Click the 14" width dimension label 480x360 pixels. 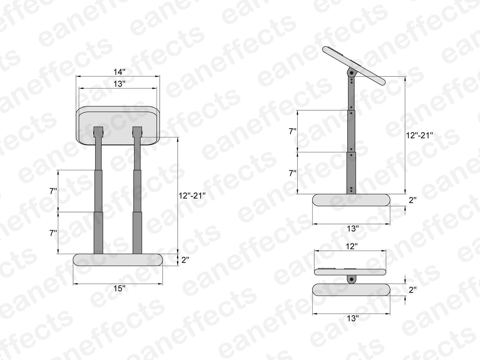[x=119, y=72]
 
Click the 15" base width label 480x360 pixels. [x=119, y=289]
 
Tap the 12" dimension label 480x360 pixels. [x=352, y=246]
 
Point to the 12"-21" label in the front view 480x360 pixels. [x=192, y=195]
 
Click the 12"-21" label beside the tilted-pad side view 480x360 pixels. [x=419, y=135]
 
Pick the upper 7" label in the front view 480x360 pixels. [x=53, y=191]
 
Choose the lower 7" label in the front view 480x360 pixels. [x=53, y=233]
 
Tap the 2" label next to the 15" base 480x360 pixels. [x=185, y=260]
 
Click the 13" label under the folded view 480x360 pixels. [x=353, y=318]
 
